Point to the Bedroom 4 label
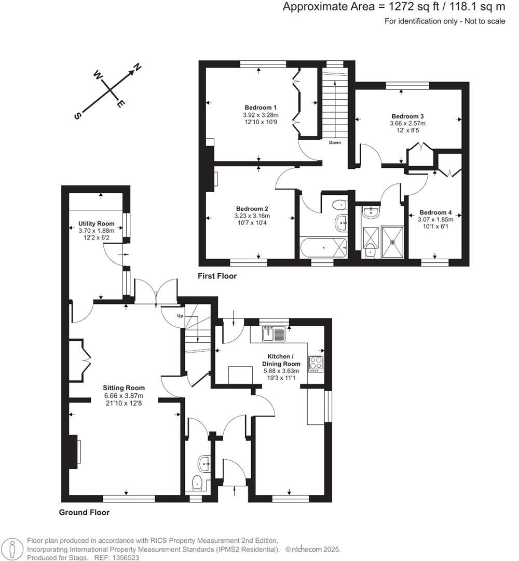click(436, 212)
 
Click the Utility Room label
click(96, 224)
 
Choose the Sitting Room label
click(124, 388)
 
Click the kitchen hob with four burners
click(316, 363)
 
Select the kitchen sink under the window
click(273, 333)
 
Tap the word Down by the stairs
click(335, 142)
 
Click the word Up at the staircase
click(181, 316)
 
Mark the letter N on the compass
click(138, 67)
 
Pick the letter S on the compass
click(77, 116)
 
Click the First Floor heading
click(217, 276)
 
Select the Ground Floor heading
click(84, 512)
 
